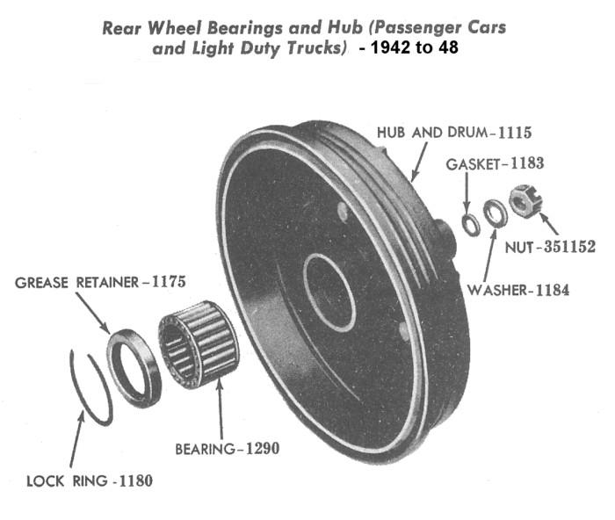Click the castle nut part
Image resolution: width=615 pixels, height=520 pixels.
pos(525,203)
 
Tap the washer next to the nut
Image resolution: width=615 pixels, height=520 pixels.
pos(494,213)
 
